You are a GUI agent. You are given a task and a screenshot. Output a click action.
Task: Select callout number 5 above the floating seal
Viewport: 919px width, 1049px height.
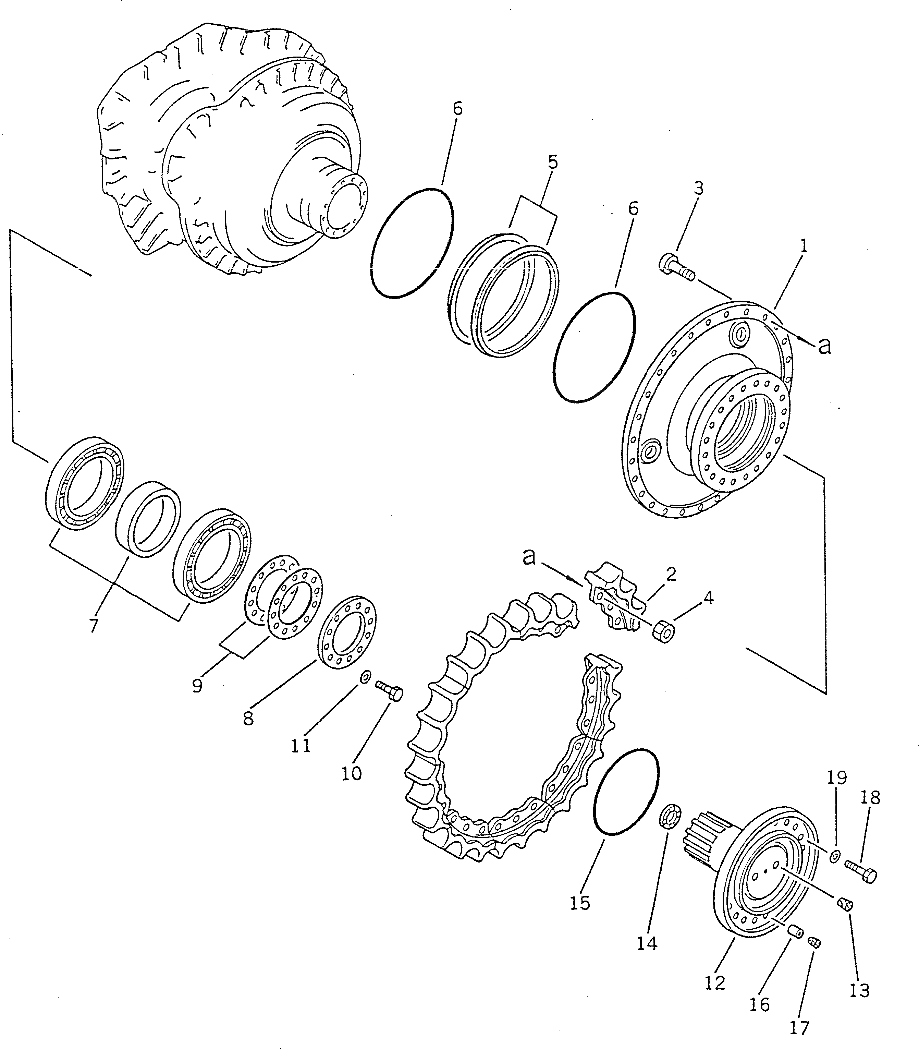[552, 162]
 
